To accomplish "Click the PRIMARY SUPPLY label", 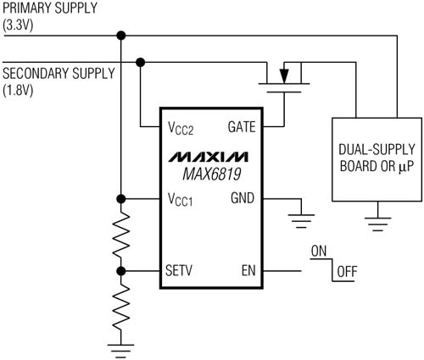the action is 50,8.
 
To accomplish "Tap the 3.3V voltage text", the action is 18,25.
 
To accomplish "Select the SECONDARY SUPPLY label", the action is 59,74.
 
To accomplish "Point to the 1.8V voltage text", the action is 18,91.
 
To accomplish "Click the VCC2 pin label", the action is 181,128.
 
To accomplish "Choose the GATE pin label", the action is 242,127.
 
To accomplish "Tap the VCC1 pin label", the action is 181,199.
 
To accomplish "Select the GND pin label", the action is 243,198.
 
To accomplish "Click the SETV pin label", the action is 179,270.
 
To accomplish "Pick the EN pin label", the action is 248,270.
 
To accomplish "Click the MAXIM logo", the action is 209,157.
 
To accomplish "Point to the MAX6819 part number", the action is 212,174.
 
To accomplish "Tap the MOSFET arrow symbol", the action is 284,75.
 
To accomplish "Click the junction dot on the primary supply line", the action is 121,36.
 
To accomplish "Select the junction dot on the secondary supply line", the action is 140,62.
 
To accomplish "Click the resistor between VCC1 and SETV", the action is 121,235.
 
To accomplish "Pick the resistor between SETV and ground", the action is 121,307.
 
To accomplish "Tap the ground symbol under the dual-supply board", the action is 378,224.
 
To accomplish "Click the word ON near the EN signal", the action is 319,252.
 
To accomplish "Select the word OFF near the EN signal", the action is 347,272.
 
